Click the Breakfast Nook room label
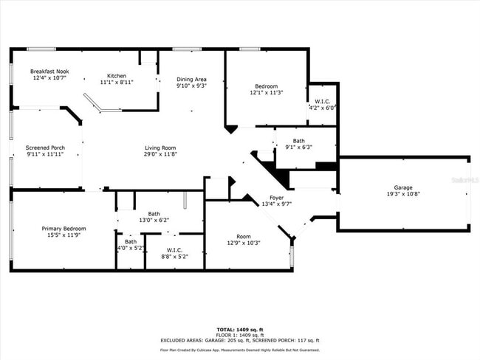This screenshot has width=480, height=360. point(49,71)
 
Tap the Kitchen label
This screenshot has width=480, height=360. point(117,76)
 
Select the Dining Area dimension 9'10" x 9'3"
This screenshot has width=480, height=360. point(191,86)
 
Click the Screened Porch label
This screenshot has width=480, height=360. point(45,148)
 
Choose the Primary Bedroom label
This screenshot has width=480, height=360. point(64,229)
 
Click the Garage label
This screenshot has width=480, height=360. point(403,187)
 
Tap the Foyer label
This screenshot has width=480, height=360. point(276,198)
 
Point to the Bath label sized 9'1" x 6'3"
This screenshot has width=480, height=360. point(298,140)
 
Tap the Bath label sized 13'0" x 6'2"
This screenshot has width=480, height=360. point(154,214)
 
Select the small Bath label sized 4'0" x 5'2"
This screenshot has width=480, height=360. point(130,241)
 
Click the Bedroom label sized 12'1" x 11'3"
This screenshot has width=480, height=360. point(267,86)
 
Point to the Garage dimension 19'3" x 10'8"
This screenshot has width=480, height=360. point(403,194)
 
